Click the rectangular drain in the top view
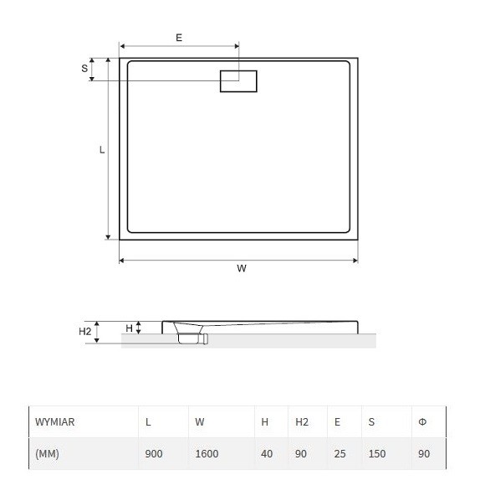tap(238, 81)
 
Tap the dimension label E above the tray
tap(179, 38)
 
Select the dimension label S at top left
tap(84, 69)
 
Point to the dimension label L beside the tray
tap(102, 150)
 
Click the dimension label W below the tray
tap(242, 269)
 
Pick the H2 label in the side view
tap(85, 332)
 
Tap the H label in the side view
tap(129, 328)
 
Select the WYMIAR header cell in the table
tap(55, 422)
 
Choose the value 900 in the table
tap(154, 454)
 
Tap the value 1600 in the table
tap(207, 454)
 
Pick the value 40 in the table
tap(267, 454)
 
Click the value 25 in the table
tap(340, 454)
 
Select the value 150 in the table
tap(377, 454)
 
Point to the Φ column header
tap(422, 422)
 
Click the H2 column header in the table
tap(302, 422)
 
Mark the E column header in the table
tap(337, 422)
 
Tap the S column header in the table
tap(371, 422)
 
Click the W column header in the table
tap(200, 422)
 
